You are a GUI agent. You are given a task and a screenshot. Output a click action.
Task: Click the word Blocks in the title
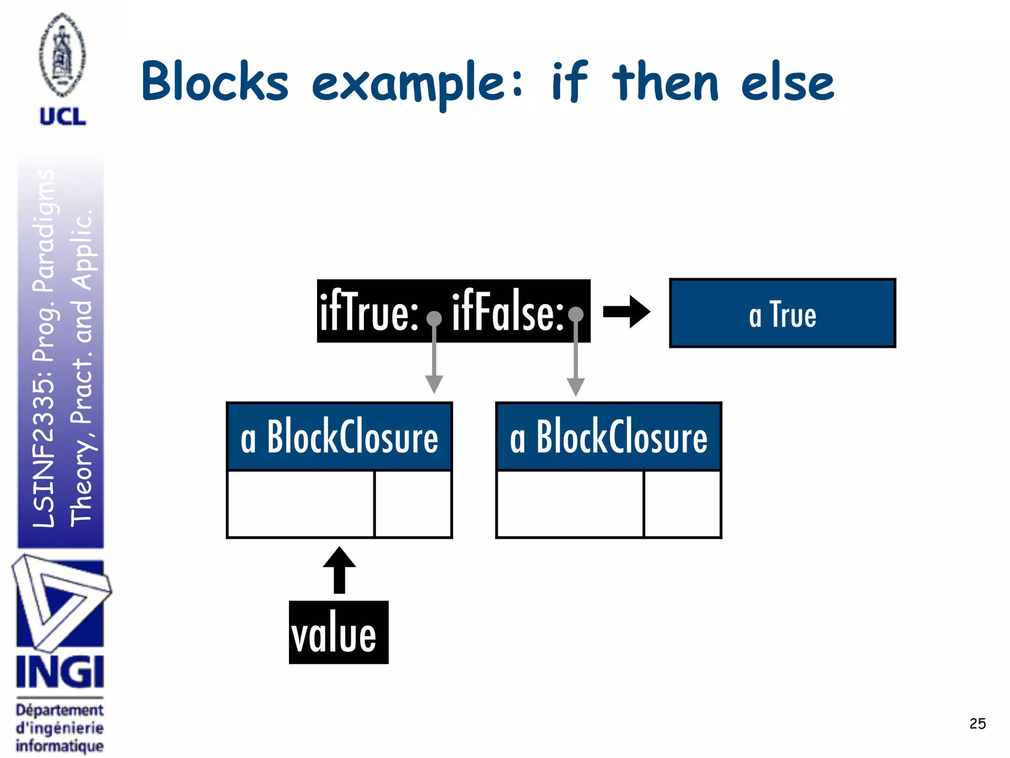click(x=215, y=82)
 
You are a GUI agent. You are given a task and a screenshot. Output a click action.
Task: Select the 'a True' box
click(x=782, y=313)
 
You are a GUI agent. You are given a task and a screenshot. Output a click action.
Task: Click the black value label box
click(x=338, y=633)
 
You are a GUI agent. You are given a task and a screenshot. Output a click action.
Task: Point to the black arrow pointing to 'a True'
click(x=626, y=312)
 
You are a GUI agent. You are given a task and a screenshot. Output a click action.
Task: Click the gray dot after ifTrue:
click(x=434, y=319)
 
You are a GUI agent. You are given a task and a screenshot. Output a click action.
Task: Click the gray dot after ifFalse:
click(x=576, y=314)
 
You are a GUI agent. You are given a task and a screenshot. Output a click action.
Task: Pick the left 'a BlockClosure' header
click(x=339, y=436)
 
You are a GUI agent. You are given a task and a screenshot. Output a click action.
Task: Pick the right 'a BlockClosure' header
click(x=609, y=436)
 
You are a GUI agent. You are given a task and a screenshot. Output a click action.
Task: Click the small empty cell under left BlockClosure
click(x=413, y=504)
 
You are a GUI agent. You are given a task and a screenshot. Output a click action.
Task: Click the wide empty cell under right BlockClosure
click(x=570, y=504)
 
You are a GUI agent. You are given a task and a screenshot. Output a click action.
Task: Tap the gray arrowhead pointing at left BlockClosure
click(x=434, y=384)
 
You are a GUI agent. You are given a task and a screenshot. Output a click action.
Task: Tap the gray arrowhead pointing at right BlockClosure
click(x=576, y=386)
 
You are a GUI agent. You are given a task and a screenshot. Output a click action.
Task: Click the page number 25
click(x=977, y=723)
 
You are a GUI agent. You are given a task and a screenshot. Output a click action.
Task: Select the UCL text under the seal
click(x=63, y=117)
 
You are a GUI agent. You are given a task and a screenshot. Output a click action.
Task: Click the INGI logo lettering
click(x=60, y=672)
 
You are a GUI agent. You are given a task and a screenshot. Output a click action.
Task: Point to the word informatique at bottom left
click(x=60, y=746)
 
